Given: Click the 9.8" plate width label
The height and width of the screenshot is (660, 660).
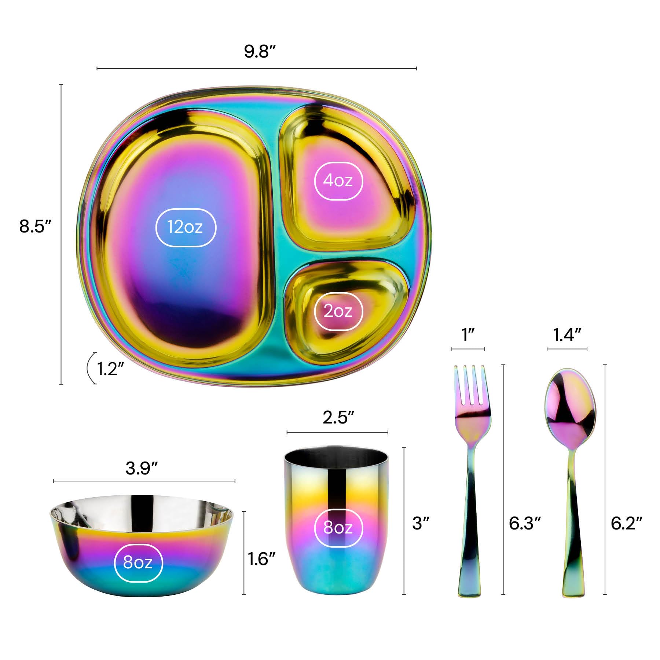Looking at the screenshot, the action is [x=260, y=51].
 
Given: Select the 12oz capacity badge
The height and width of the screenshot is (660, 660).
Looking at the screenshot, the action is [x=186, y=227].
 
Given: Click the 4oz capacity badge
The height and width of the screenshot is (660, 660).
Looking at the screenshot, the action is [x=338, y=180].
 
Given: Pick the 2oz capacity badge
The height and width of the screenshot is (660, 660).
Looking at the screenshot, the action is [x=338, y=311].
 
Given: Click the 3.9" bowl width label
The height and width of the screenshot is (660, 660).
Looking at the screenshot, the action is [x=142, y=468].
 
